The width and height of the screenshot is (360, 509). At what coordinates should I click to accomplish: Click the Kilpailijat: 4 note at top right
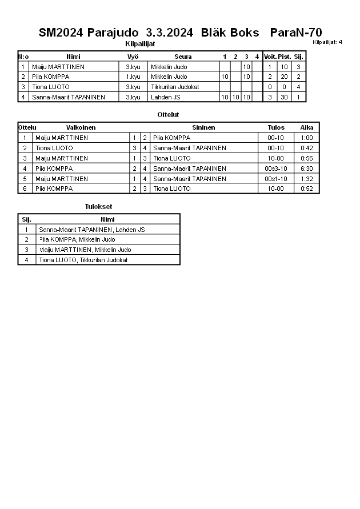(327, 42)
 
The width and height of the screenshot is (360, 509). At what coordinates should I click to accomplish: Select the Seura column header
(183, 57)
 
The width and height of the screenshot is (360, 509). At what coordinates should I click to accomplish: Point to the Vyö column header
(133, 57)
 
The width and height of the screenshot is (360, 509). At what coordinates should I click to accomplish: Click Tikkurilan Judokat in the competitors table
(175, 87)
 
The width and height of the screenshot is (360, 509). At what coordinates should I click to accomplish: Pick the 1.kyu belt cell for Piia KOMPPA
(133, 77)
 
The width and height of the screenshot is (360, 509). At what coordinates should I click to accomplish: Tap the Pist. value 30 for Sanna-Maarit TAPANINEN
(284, 97)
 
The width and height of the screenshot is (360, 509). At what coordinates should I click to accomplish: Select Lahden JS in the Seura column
(165, 97)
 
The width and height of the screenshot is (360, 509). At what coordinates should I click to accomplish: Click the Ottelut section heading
(168, 115)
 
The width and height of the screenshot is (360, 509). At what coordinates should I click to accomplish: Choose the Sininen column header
(203, 127)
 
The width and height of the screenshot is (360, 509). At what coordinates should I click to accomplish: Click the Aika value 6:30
(307, 169)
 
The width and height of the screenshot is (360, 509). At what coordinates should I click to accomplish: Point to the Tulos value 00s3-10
(275, 169)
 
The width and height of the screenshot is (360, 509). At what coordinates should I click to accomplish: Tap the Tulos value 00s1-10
(275, 179)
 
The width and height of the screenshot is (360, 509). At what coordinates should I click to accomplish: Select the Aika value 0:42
(307, 148)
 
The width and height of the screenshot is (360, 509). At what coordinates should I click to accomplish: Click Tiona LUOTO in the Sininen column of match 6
(171, 189)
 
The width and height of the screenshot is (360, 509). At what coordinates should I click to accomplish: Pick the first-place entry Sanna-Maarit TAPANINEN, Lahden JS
(91, 230)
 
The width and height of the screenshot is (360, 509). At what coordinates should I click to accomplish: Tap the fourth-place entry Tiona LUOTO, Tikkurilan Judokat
(83, 260)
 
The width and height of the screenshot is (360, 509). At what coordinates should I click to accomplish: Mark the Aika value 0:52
(307, 189)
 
